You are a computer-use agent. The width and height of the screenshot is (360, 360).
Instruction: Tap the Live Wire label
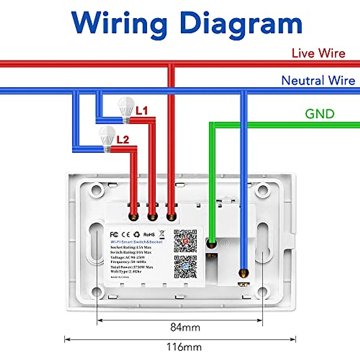click(318, 53)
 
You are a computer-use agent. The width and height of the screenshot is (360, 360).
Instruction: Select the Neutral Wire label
click(318, 80)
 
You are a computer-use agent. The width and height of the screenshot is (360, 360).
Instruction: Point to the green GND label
click(319, 114)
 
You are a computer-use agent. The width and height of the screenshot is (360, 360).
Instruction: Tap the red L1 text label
click(142, 111)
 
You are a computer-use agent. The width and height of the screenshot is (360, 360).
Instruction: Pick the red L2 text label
click(123, 139)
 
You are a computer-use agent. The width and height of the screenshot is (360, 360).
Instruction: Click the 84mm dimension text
click(185, 327)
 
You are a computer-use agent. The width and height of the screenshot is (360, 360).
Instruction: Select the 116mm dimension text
click(184, 347)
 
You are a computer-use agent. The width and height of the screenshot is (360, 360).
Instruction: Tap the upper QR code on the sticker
click(185, 241)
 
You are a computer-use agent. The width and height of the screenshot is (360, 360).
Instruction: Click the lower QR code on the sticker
click(185, 267)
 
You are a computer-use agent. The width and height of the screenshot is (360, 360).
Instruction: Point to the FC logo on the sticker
click(114, 234)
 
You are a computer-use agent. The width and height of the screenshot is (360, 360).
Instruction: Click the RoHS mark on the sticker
click(149, 234)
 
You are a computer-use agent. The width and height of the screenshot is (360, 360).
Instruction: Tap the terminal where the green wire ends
click(212, 244)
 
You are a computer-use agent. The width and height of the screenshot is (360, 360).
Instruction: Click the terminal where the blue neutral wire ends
click(244, 273)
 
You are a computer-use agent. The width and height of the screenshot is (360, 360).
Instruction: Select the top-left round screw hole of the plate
click(97, 190)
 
